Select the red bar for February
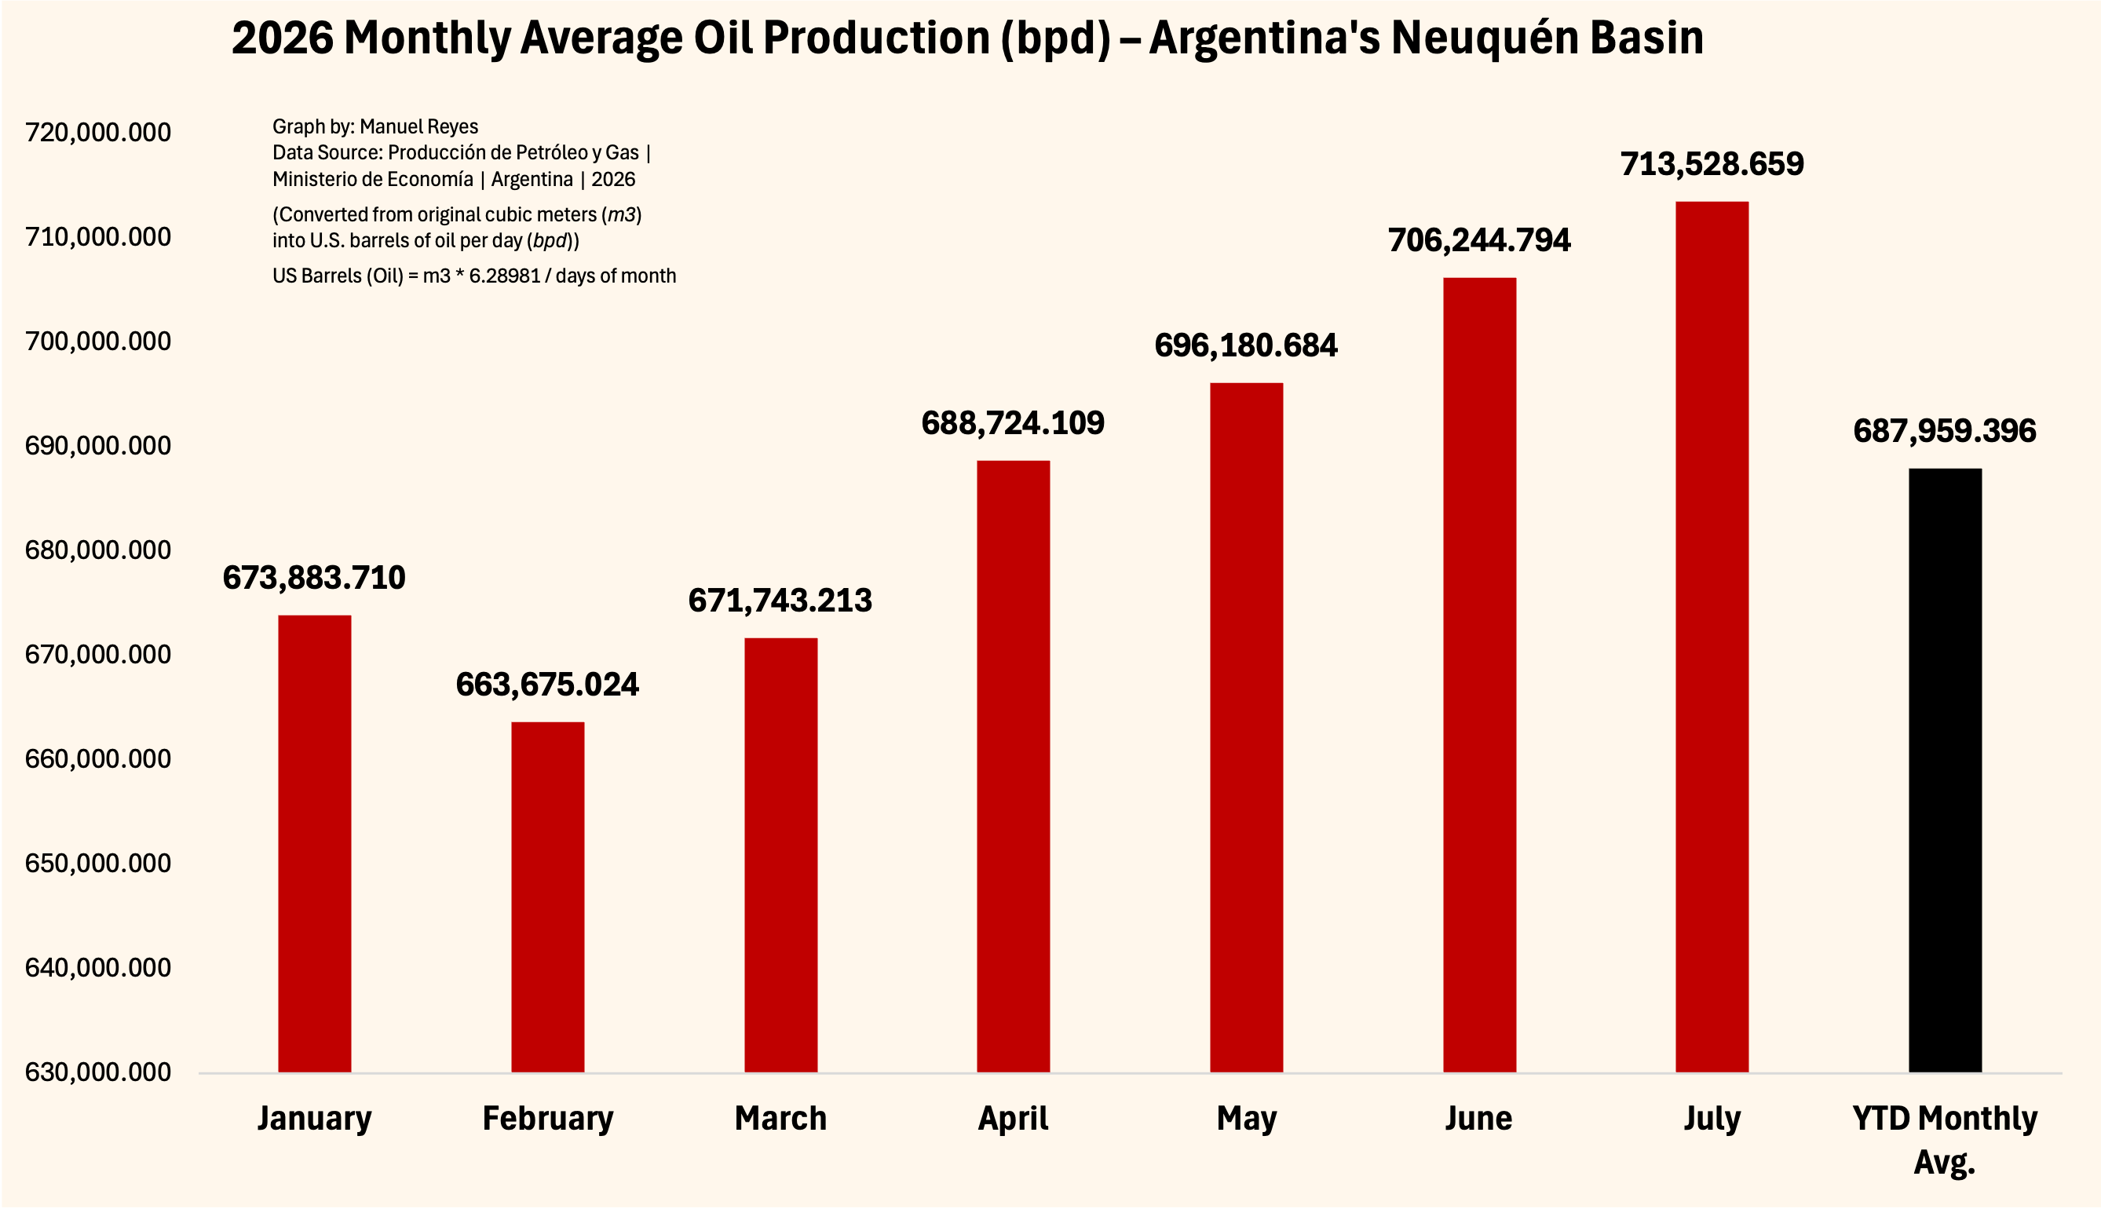point(547,897)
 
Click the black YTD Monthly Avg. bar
point(1945,771)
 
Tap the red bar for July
point(1712,637)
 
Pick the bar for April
point(1013,766)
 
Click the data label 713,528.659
point(1712,164)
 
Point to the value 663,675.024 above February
point(547,685)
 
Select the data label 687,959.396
point(1945,431)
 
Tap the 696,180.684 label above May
point(1246,345)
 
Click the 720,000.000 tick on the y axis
point(98,132)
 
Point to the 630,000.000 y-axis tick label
point(98,1072)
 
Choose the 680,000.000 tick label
point(98,550)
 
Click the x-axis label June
point(1478,1119)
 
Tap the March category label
point(780,1119)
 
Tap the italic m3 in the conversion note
point(622,215)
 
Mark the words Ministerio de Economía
point(373,179)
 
